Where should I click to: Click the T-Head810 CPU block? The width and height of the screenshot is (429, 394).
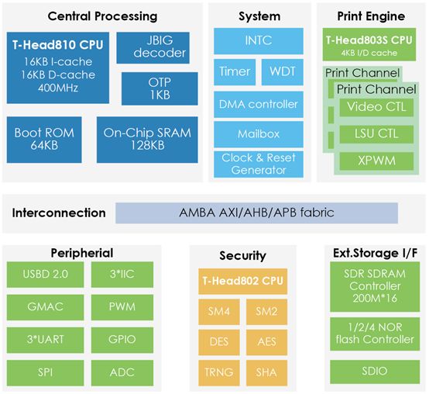pos(58,67)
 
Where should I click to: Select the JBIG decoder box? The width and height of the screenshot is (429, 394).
pos(153,47)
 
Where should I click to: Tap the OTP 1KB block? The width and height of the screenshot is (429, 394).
pos(160,88)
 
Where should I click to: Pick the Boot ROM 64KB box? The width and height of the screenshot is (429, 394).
pos(44,140)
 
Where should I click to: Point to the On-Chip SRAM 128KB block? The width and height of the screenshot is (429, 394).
pos(147,140)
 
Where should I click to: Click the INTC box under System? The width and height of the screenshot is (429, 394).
pos(259,41)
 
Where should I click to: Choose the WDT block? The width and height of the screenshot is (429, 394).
pos(283,72)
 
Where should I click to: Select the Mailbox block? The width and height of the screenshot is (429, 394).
pos(259,134)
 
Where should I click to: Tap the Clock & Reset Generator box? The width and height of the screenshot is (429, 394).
pos(259,164)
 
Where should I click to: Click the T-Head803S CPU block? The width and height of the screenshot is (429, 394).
pos(369,44)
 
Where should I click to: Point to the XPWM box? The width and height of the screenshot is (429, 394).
pos(376,161)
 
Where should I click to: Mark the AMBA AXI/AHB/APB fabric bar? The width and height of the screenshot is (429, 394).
pos(256,213)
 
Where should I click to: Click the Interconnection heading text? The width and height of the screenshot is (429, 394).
pos(59,213)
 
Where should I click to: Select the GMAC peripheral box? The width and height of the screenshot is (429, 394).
pos(45,307)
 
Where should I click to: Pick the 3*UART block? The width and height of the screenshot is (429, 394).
pos(45,340)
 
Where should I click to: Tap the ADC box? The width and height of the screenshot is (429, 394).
pos(122,372)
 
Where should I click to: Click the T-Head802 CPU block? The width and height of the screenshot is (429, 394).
pos(242,281)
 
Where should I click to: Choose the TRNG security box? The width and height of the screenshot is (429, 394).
pos(219,372)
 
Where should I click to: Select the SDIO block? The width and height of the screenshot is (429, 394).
pos(375,372)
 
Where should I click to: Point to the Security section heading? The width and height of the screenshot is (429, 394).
pos(242,256)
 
